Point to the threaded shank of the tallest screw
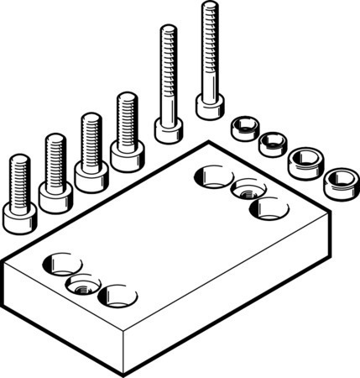[208, 50]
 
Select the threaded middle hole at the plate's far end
[248, 190]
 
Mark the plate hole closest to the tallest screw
[213, 176]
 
